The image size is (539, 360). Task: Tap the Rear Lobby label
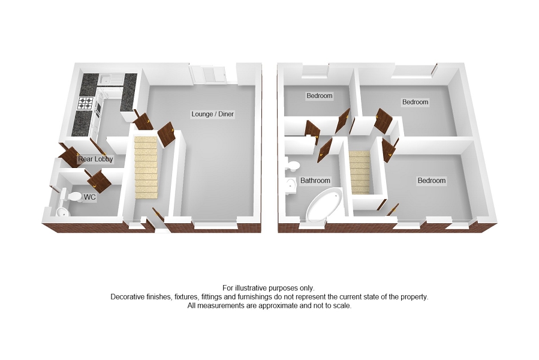[95, 160]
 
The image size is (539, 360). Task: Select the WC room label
[90, 197]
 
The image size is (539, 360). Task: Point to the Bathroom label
[315, 181]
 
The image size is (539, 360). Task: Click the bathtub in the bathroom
[323, 206]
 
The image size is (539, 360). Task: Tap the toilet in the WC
[74, 196]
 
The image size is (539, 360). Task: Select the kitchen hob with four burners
[86, 104]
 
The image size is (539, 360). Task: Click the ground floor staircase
[146, 168]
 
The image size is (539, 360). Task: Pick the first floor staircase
[360, 170]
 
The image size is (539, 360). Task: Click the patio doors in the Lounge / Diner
[208, 75]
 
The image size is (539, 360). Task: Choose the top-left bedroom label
[319, 96]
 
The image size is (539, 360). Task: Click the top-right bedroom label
[415, 102]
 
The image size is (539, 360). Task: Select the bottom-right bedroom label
[432, 181]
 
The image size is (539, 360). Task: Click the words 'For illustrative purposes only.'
[268, 288]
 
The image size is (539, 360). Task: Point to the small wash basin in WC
[62, 212]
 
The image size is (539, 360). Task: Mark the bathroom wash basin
[291, 185]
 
